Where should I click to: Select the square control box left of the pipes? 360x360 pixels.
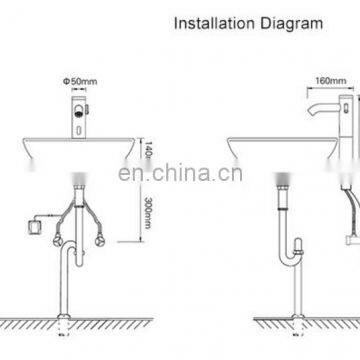click(x=39, y=226)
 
